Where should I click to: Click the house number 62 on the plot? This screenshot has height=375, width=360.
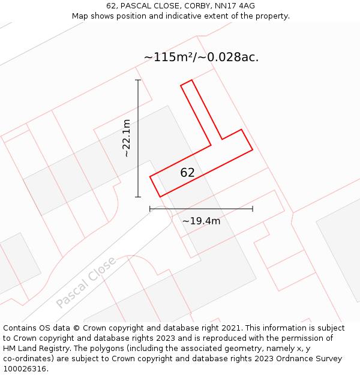pos(187,173)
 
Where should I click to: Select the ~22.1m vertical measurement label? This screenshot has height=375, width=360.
pos(127,138)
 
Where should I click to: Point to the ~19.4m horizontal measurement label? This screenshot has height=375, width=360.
pos(201,221)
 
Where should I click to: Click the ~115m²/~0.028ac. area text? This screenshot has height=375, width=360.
pos(201,58)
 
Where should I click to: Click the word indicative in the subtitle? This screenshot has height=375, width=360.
pos(184,16)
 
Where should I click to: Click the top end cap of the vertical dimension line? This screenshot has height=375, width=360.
pos(138,80)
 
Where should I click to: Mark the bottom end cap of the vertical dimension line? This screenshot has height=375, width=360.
pos(138,197)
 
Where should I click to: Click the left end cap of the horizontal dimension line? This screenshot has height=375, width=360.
pos(150,209)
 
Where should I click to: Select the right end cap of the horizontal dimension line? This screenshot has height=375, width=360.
pos(253,209)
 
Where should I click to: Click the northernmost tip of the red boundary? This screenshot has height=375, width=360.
pos(191,80)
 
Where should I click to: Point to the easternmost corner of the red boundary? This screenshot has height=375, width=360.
pos(253,149)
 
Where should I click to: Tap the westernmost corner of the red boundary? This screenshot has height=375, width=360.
pos(150,176)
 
